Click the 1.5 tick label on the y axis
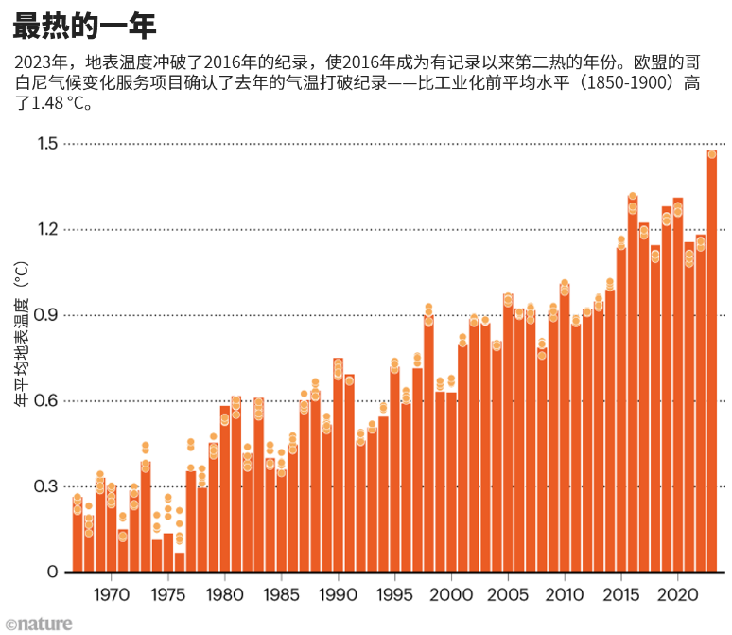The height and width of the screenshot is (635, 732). tap(46, 144)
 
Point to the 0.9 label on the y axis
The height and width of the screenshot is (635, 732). tap(46, 315)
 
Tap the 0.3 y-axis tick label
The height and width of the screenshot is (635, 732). tap(46, 486)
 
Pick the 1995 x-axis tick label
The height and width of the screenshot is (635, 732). tap(394, 597)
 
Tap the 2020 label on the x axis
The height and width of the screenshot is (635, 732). tap(677, 597)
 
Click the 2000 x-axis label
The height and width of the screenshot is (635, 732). tap(451, 597)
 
